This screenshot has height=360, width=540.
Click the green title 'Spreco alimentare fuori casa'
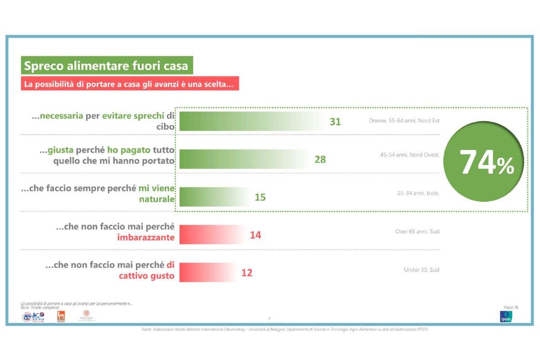[x=106, y=66]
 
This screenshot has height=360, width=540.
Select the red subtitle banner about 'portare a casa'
[x=130, y=84]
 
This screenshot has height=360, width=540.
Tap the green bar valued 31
[x=251, y=121]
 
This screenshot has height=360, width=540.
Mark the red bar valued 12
[x=207, y=273]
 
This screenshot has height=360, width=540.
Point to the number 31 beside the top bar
[x=335, y=121]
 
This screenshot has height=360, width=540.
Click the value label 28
[x=320, y=159]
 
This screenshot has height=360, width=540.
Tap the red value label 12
[x=247, y=273]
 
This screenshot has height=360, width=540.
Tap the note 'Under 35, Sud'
[x=422, y=270]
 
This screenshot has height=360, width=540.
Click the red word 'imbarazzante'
[x=145, y=238]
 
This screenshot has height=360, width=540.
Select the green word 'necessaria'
[x=61, y=116]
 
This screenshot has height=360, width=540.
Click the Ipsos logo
[x=506, y=317]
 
